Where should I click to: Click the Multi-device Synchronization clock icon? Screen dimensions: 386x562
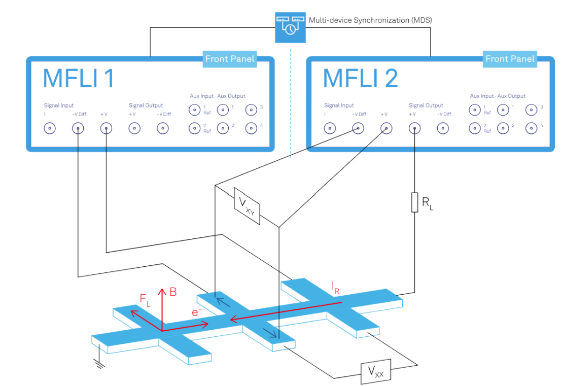pyautogui.click(x=290, y=26)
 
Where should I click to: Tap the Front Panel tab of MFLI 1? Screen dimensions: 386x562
pyautogui.click(x=230, y=59)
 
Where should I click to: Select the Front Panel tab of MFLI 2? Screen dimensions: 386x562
pyautogui.click(x=510, y=59)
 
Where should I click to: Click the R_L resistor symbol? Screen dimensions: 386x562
pyautogui.click(x=414, y=201)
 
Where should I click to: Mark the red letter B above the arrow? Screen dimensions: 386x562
pyautogui.click(x=173, y=292)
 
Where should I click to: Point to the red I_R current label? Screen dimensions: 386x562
pyautogui.click(x=335, y=288)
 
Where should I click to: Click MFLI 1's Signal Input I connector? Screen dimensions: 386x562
pyautogui.click(x=50, y=128)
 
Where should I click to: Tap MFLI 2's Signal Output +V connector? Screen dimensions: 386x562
pyautogui.click(x=415, y=128)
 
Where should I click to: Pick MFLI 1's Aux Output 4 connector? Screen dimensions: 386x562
pyautogui.click(x=251, y=128)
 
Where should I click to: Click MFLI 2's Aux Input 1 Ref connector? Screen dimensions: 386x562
pyautogui.click(x=474, y=110)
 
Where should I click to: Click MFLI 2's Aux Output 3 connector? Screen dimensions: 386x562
pyautogui.click(x=531, y=110)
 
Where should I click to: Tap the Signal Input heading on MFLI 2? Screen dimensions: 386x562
pyautogui.click(x=339, y=106)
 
